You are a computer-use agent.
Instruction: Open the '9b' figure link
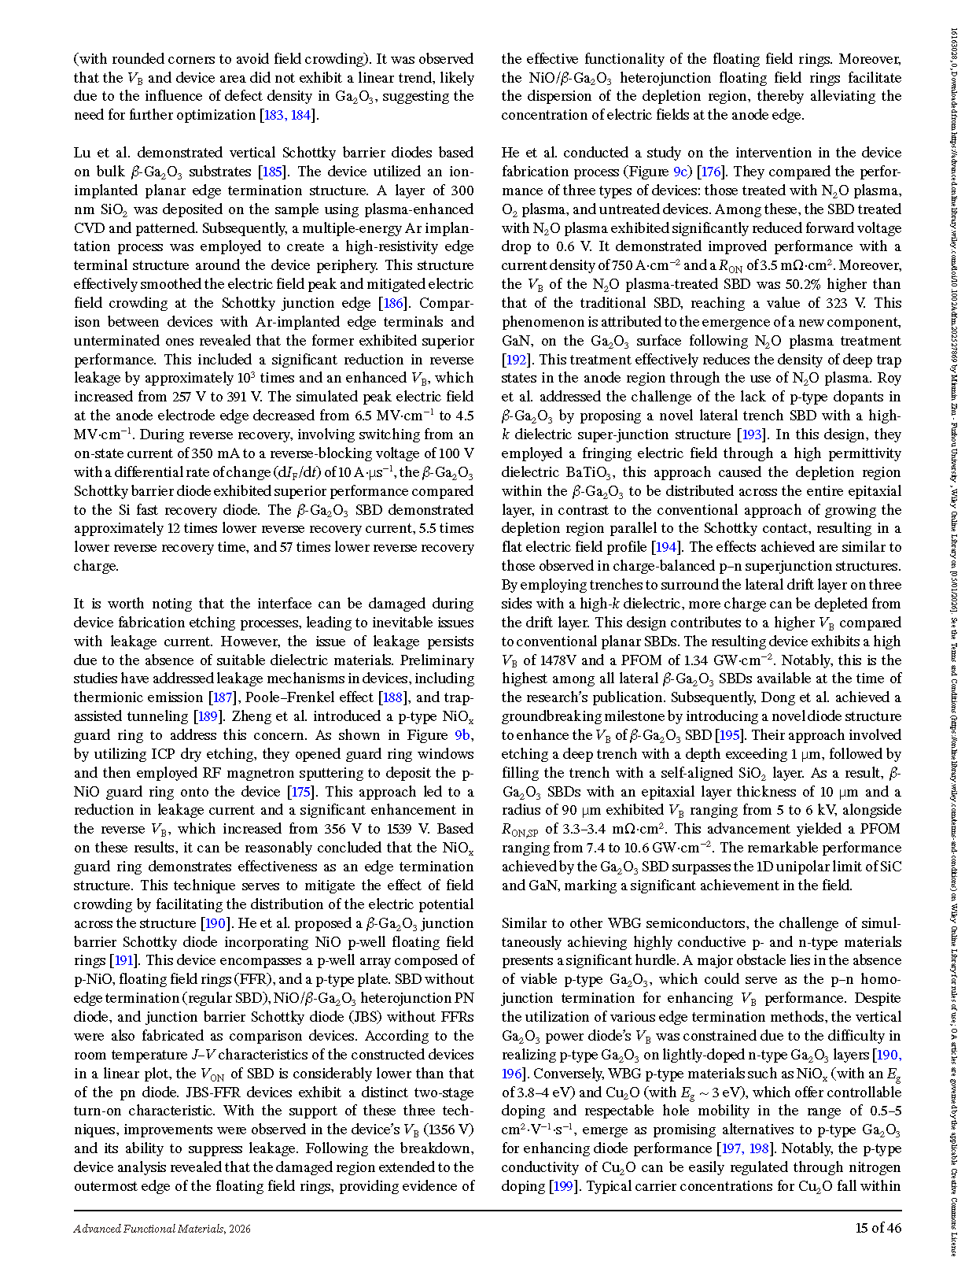tap(463, 735)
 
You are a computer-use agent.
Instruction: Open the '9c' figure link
tap(681, 172)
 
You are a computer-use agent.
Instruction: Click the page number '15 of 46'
tap(878, 1228)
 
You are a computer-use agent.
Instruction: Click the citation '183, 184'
tap(289, 115)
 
